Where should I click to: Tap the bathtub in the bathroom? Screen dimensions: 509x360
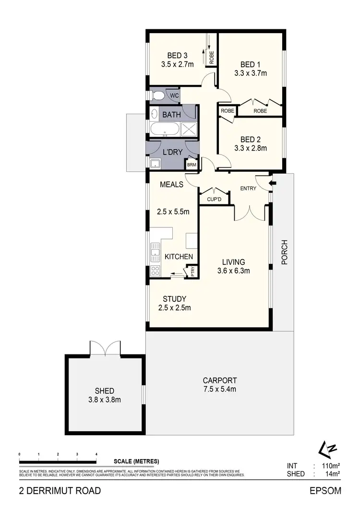(165, 130)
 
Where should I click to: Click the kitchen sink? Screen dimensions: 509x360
(155, 251)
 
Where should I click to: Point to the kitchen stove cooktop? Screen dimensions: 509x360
(155, 271)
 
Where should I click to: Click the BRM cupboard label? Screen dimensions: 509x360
(192, 165)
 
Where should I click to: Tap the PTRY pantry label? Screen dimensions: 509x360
(193, 271)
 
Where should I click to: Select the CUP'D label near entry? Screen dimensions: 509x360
(214, 199)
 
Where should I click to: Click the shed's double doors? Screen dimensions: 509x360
(105, 348)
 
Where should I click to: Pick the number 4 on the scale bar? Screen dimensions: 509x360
(96, 454)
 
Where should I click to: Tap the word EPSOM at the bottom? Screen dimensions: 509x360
(325, 490)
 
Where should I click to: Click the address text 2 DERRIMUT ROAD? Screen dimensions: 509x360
(60, 490)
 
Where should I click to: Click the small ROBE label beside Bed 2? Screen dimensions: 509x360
(228, 111)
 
